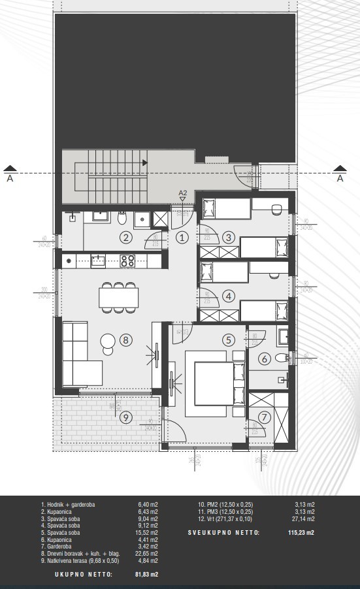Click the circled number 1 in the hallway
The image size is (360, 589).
[x=183, y=238]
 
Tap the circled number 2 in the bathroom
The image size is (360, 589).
[x=126, y=238]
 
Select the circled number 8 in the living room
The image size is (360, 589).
[x=126, y=340]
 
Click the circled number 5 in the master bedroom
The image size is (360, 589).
[x=228, y=340]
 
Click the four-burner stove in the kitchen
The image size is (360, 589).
[x=127, y=261]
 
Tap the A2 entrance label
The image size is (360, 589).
[x=183, y=193]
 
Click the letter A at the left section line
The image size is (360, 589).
[x=9, y=177]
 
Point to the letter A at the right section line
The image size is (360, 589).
[x=339, y=177]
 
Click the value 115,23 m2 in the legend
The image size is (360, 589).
[x=301, y=533]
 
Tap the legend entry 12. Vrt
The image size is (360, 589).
[x=227, y=519]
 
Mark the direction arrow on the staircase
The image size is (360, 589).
[x=145, y=163]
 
